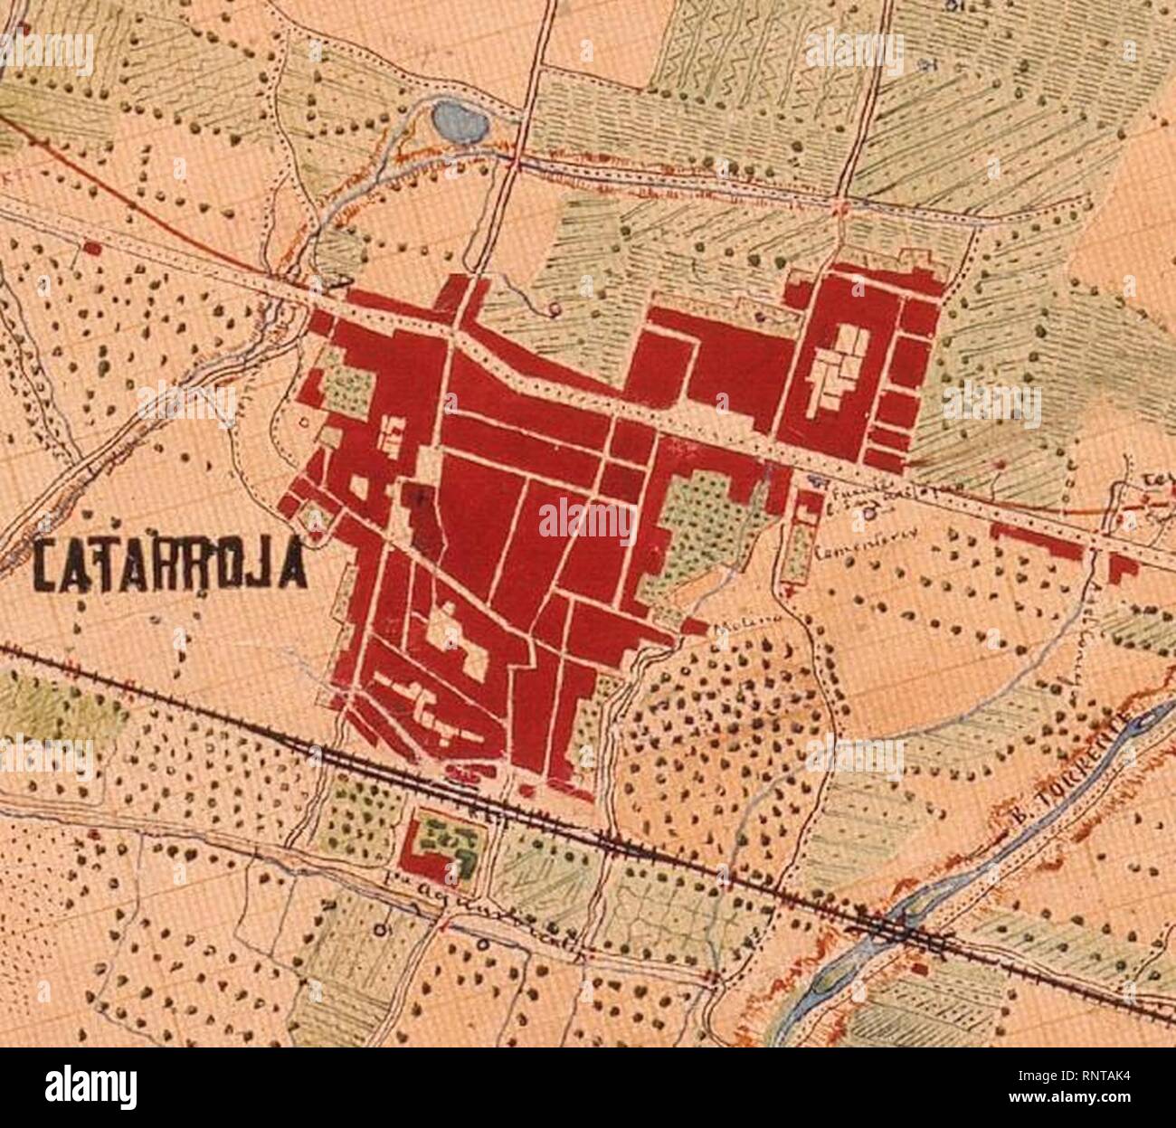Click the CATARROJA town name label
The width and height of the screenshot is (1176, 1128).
click(x=167, y=566)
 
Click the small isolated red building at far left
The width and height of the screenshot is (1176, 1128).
click(x=90, y=246)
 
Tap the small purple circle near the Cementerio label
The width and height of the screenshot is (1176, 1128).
click(x=868, y=513)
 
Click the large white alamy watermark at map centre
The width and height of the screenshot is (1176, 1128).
click(x=588, y=520)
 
